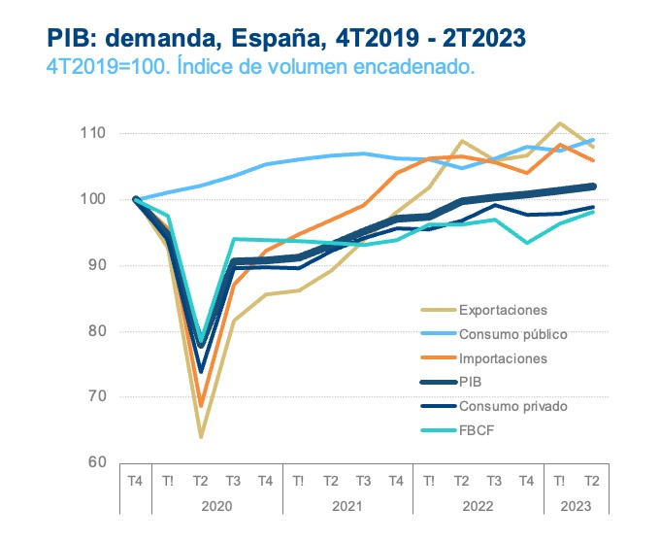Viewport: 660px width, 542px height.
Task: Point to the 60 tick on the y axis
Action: click(x=97, y=462)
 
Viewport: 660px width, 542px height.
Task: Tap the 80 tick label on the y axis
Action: click(x=97, y=331)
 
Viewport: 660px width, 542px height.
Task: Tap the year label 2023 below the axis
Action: click(x=576, y=505)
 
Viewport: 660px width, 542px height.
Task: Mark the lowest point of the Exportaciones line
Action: click(x=201, y=437)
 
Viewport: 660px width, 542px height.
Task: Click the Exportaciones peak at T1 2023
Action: click(x=560, y=123)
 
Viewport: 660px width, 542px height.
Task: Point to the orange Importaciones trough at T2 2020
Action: click(x=201, y=406)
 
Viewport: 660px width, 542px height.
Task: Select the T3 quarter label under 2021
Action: click(x=364, y=480)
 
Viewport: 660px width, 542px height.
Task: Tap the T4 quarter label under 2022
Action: click(x=527, y=480)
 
